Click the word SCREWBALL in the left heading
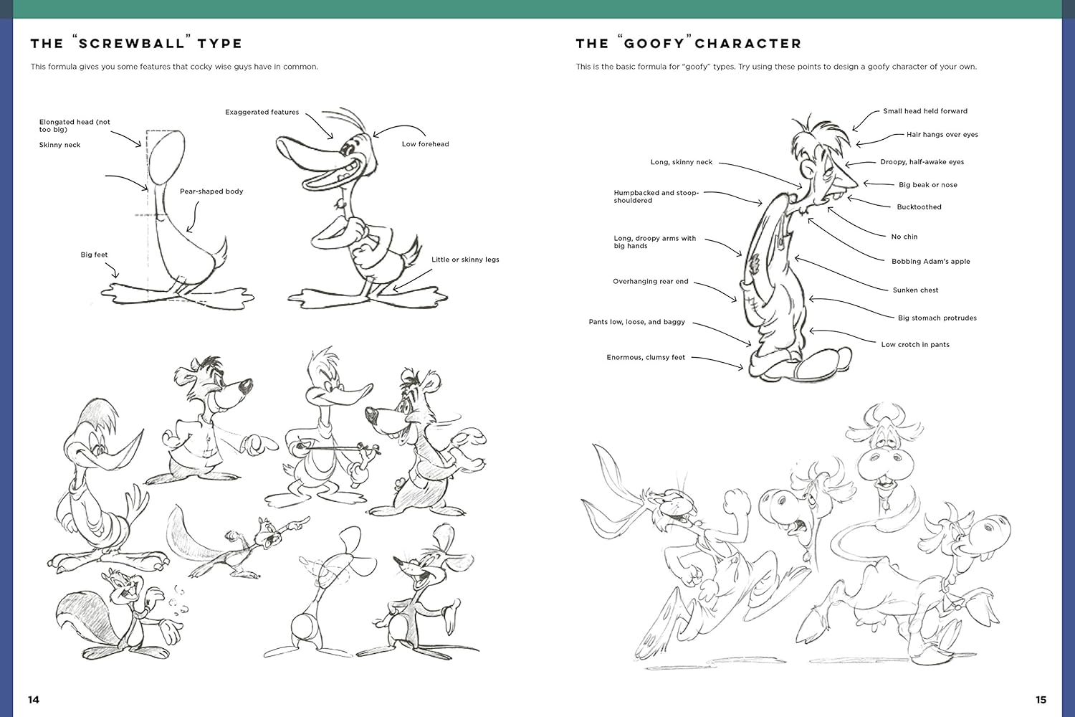(131, 44)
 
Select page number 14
(34, 700)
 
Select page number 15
(1041, 700)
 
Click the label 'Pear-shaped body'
(211, 191)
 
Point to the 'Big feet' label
(94, 255)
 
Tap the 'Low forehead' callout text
(425, 144)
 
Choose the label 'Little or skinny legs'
(465, 260)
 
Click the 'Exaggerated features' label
(262, 112)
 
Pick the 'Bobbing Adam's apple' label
(930, 261)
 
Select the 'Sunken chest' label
(915, 290)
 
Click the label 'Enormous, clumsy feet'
(646, 357)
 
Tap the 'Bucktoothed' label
(919, 207)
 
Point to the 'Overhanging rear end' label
(650, 281)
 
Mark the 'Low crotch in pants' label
(915, 344)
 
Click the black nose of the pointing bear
(245, 385)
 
